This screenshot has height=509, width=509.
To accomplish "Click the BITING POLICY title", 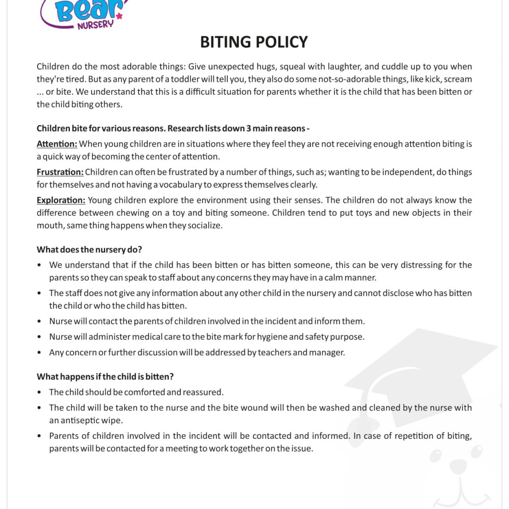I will click(254, 42).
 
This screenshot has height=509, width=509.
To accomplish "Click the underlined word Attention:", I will click(57, 144).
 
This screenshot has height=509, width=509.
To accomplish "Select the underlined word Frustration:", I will click(60, 172).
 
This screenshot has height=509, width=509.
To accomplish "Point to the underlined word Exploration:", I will click(61, 200).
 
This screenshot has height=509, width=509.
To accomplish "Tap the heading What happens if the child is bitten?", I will click(105, 377).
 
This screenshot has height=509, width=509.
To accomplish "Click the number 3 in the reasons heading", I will click(248, 129).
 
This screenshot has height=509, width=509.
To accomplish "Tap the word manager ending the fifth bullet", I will click(326, 353).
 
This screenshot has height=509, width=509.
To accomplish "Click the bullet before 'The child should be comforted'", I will click(40, 393).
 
